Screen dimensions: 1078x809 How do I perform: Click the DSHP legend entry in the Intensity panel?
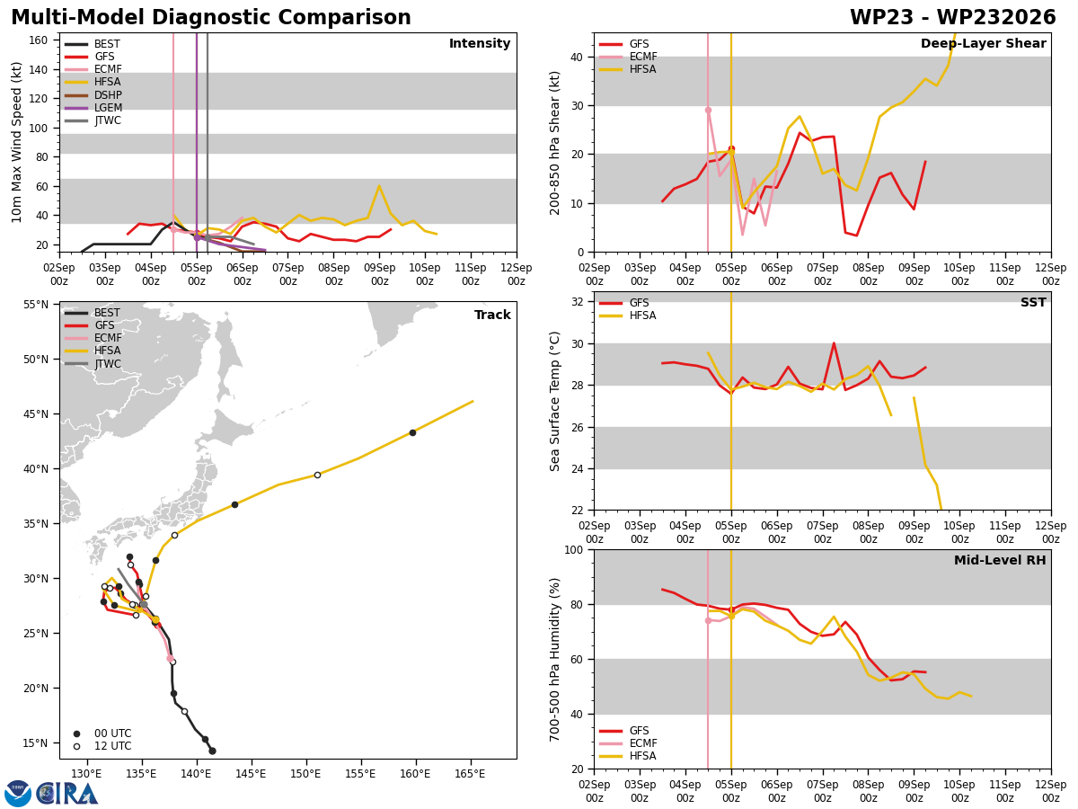click(x=93, y=94)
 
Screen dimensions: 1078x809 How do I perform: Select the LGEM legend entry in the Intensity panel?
click(x=93, y=108)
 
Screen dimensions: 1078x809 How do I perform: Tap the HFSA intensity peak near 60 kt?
click(x=379, y=186)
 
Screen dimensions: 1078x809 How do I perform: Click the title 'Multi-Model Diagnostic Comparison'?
click(x=211, y=17)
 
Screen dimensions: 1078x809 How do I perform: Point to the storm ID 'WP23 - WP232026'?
click(x=953, y=17)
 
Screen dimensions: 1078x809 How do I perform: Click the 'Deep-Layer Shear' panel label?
click(x=983, y=43)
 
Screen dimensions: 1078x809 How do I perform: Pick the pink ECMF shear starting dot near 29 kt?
click(x=708, y=110)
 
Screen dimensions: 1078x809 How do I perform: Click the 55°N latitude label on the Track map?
click(x=36, y=305)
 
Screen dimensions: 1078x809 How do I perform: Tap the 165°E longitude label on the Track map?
click(x=470, y=775)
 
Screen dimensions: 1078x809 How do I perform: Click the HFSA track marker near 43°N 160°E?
click(x=412, y=432)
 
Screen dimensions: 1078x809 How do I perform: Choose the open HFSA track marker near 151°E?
click(x=317, y=475)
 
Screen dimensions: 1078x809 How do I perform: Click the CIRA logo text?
click(x=66, y=794)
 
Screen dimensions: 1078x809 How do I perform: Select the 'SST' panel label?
click(x=1033, y=302)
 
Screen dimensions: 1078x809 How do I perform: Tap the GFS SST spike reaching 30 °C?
click(x=834, y=343)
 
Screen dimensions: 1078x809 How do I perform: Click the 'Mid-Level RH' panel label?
click(x=1000, y=560)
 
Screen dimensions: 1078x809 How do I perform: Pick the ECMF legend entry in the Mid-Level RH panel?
click(x=628, y=743)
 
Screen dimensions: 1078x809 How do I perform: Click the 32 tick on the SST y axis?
click(x=577, y=302)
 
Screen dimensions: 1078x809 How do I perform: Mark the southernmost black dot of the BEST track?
click(x=212, y=751)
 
